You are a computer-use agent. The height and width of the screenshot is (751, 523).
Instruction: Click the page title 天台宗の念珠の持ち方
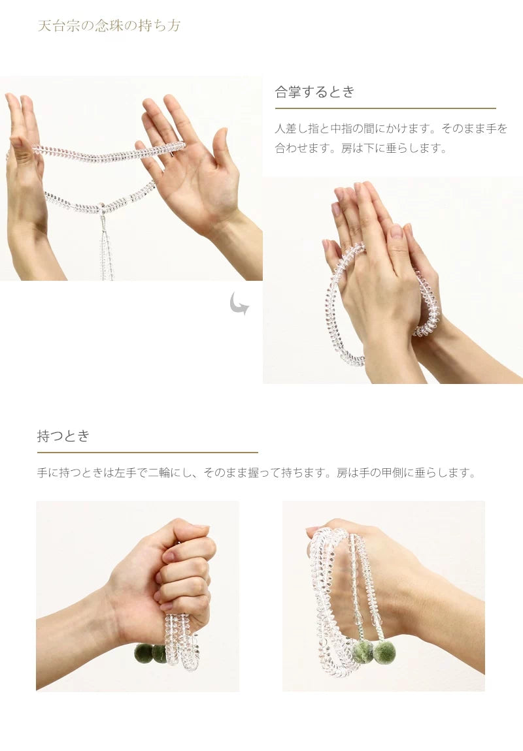(109, 26)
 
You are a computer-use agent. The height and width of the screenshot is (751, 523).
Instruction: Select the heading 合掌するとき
(314, 92)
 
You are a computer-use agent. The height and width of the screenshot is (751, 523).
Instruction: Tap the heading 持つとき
(63, 436)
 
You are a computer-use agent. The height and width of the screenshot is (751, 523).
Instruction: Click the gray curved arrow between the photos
(239, 304)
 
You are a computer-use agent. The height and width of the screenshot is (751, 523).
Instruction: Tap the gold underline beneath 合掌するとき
(385, 108)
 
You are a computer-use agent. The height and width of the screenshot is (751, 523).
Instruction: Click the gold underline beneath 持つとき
(147, 452)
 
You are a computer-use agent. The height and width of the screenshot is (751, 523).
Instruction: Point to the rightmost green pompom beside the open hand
(384, 652)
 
